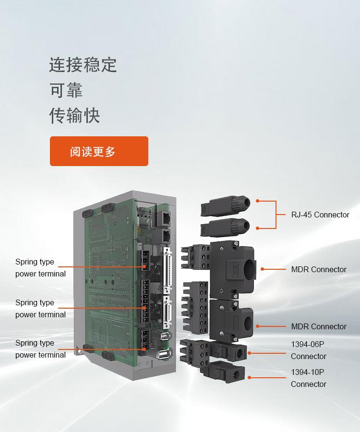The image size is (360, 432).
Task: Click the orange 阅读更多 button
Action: [99, 151]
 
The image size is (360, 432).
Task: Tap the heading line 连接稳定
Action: [83, 65]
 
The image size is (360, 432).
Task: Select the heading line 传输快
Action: [74, 115]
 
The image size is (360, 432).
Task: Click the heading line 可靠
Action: [66, 90]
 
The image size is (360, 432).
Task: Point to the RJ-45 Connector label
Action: [320, 215]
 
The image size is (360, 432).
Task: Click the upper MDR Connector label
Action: [319, 269]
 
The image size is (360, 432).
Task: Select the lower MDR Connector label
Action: [319, 326]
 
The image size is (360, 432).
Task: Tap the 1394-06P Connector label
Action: [309, 350]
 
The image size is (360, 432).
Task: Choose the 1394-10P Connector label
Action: [309, 378]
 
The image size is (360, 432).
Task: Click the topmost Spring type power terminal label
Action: [40, 267]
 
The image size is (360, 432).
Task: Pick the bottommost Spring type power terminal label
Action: [40, 349]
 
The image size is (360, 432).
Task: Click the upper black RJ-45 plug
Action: [225, 205]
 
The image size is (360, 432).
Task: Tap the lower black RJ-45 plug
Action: [225, 228]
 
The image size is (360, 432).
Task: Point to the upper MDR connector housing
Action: [232, 269]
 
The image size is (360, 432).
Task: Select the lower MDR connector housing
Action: [231, 321]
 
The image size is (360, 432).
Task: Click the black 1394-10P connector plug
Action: [223, 372]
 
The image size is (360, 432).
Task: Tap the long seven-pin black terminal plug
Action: [195, 308]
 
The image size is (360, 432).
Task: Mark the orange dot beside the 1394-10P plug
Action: [249, 377]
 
